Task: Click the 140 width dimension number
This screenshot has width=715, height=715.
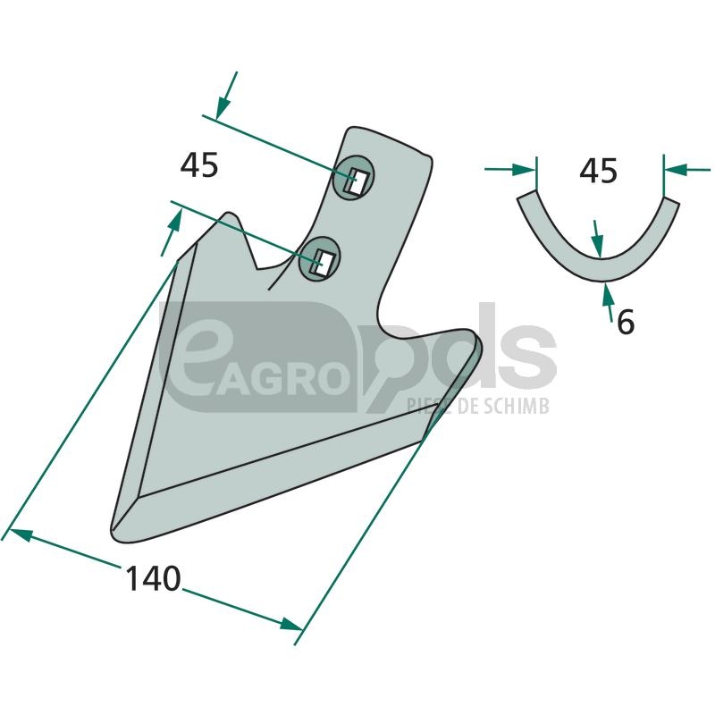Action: click(x=153, y=578)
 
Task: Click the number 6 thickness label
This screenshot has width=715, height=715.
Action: click(x=625, y=322)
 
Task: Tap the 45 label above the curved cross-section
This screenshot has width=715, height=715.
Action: click(x=598, y=171)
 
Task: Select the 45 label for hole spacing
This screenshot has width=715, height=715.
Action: click(x=199, y=165)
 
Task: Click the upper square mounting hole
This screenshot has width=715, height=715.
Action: click(x=356, y=181)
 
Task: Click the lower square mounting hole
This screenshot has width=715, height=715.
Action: click(x=321, y=261)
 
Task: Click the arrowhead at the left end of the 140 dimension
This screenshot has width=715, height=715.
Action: click(x=19, y=534)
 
